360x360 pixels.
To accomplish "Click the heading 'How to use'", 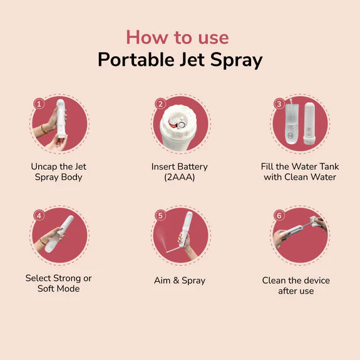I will point(177,37).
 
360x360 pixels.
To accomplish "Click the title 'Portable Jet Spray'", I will point(180,60).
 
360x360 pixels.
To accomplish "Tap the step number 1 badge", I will point(38,104).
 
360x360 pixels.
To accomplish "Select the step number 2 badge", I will point(160,104).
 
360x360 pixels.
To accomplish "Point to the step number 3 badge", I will point(279,104).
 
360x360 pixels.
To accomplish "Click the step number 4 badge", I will point(39,215).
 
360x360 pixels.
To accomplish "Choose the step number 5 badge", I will point(160,215).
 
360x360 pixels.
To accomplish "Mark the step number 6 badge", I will point(279,215).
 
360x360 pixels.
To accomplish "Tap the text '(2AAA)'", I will point(179,177).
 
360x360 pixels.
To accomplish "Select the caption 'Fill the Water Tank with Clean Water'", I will point(299,172).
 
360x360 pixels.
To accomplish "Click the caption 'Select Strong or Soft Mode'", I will point(58,283).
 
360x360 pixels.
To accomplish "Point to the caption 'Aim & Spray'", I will point(179,280).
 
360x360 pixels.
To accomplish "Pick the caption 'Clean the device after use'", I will point(296,285).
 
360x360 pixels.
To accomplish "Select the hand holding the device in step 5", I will point(184,240).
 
